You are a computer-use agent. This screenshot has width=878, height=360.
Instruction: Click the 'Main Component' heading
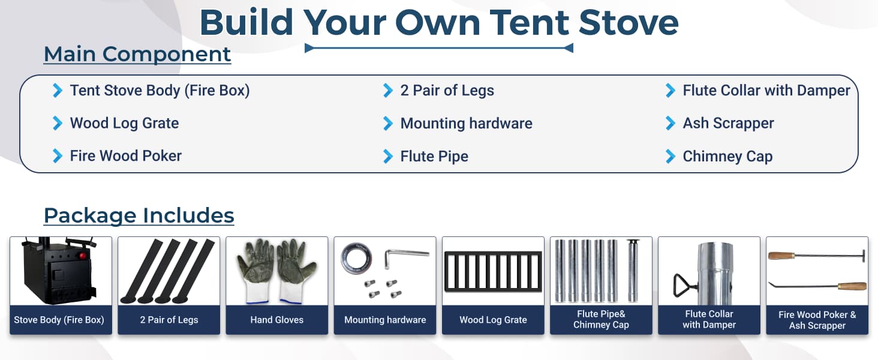click(x=137, y=54)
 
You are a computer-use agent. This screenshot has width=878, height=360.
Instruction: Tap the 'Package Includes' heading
click(x=139, y=215)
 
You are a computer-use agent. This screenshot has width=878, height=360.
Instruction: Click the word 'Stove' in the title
click(x=629, y=23)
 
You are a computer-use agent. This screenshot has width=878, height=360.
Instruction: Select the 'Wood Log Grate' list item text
click(x=124, y=124)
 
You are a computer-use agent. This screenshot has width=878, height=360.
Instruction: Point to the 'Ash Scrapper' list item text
click(x=728, y=124)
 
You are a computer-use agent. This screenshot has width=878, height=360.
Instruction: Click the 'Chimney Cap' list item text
click(x=727, y=157)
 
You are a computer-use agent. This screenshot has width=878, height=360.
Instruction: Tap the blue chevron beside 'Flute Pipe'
click(x=387, y=157)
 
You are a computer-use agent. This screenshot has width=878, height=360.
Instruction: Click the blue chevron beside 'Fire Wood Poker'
click(x=57, y=156)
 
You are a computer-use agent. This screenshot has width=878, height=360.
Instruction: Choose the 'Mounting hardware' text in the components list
click(x=466, y=124)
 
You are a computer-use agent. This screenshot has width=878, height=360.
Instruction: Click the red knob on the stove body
click(x=83, y=256)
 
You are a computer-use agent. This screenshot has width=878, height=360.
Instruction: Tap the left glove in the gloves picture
click(x=255, y=271)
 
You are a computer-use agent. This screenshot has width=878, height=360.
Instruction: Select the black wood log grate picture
click(x=493, y=272)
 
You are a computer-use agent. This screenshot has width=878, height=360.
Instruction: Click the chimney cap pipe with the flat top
click(x=632, y=270)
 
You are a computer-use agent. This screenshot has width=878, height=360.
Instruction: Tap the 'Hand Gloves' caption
click(x=276, y=320)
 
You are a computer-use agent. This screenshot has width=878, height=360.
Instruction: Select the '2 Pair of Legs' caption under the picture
click(x=169, y=320)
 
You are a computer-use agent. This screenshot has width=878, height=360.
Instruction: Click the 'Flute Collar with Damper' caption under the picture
click(x=709, y=319)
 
